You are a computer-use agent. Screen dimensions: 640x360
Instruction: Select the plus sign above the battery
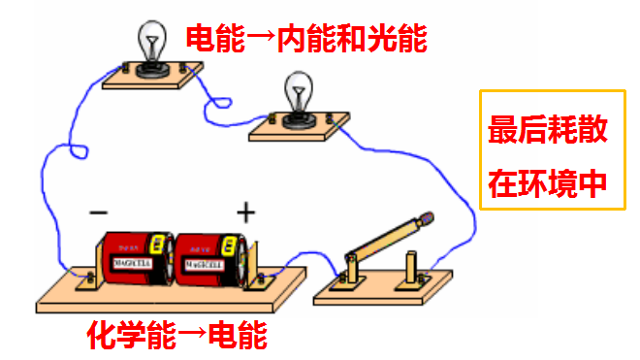pyautogui.click(x=246, y=212)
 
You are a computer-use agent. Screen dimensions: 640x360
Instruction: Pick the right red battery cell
pyautogui.click(x=207, y=259)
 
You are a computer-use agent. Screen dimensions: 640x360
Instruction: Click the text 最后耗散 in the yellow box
pyautogui.click(x=548, y=129)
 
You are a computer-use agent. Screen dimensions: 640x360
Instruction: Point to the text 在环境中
pyautogui.click(x=548, y=181)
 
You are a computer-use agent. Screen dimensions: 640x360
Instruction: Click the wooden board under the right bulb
pyautogui.click(x=300, y=124)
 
